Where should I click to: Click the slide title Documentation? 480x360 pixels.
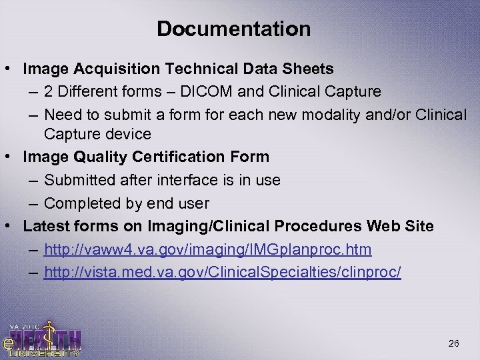(x=233, y=29)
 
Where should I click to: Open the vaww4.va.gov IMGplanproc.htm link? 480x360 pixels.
(x=207, y=249)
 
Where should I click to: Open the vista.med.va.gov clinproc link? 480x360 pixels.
(x=222, y=272)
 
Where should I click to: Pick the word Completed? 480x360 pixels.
(x=82, y=203)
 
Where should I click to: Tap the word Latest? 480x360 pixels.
(x=45, y=227)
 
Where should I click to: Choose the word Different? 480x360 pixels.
(x=85, y=91)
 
